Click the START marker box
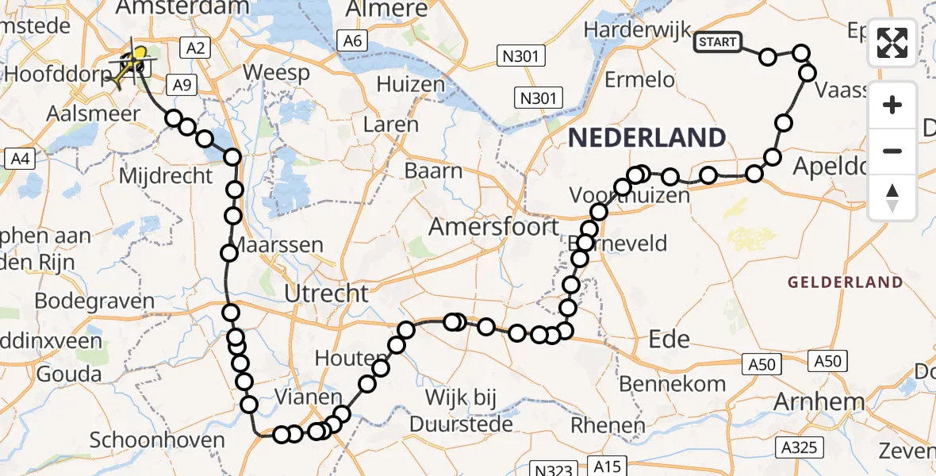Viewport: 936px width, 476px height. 717,42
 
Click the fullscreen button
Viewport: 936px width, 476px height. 892,43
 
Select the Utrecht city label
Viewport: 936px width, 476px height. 328,294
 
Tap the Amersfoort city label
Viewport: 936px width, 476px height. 493,227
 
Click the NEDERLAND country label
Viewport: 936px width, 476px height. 646,138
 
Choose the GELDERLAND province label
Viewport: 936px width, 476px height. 845,282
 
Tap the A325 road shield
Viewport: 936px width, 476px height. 797,449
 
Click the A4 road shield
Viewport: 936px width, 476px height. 18,159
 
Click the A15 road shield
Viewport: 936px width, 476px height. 608,466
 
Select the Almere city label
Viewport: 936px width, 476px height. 387,10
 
